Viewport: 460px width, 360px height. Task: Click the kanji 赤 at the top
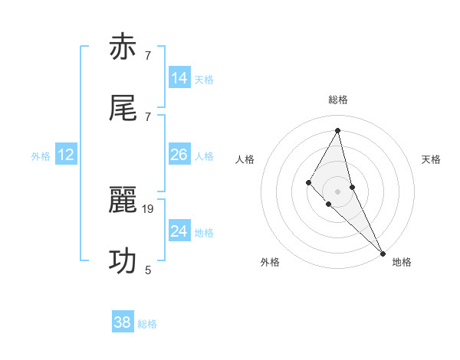[x=123, y=47]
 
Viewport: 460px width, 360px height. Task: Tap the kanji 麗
[x=123, y=201]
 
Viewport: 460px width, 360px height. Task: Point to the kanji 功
[x=123, y=261]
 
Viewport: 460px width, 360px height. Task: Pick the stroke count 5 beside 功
[x=148, y=270]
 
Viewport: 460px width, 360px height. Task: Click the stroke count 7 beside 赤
[x=148, y=55]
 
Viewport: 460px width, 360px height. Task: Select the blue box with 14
[x=179, y=78]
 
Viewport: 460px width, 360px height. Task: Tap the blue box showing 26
[x=179, y=155]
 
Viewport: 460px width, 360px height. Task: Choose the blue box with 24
[x=179, y=231]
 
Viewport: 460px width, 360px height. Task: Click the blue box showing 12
[x=66, y=155]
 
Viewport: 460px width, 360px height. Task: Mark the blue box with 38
[x=123, y=322]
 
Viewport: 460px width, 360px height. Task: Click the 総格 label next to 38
[x=147, y=324]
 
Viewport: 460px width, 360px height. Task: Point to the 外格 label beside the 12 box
[x=41, y=156]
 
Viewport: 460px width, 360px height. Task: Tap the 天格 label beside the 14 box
[x=204, y=80]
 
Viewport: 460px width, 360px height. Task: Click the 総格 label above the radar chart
[x=338, y=100]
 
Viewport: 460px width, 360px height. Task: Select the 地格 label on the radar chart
[x=402, y=263]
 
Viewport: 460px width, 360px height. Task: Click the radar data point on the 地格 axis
[x=383, y=253]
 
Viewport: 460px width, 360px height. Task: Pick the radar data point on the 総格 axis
[x=338, y=130]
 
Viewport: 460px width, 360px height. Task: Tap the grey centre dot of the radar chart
[x=337, y=191]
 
